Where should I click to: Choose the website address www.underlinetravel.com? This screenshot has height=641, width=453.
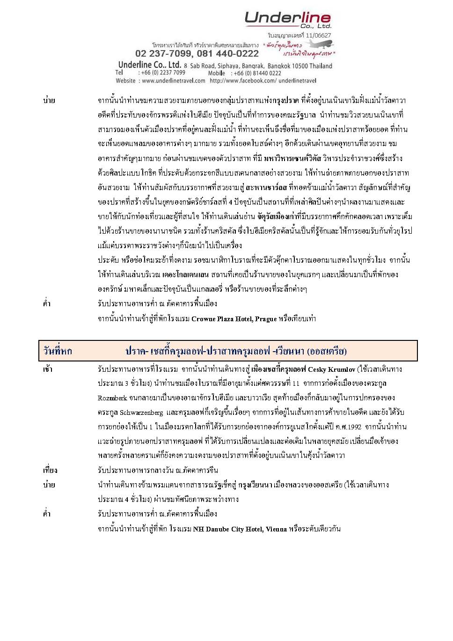click(173, 81)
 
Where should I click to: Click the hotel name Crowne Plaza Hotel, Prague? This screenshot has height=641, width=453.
click(234, 319)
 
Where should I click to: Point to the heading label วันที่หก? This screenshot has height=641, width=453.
click(58, 351)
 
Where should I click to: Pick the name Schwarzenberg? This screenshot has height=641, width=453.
click(141, 413)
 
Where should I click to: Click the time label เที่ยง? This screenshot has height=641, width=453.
click(50, 470)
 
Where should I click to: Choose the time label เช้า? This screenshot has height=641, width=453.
click(48, 369)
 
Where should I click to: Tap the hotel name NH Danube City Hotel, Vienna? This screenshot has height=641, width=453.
click(240, 529)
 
